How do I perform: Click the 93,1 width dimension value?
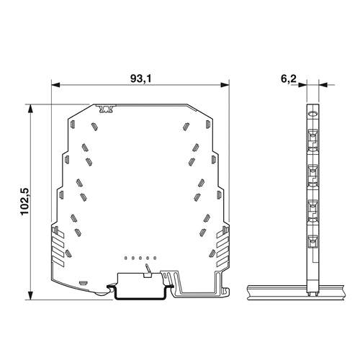click(141, 78)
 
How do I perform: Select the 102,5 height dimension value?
click(24, 202)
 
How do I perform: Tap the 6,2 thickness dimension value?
click(289, 78)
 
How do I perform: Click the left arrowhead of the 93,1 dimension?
click(55, 85)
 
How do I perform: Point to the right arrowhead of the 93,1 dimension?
click(225, 85)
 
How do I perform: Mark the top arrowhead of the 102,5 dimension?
click(30, 109)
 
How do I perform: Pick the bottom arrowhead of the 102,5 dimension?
click(30, 295)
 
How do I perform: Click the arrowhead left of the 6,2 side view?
click(302, 85)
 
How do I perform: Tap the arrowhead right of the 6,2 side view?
click(323, 85)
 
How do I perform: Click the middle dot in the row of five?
click(140, 258)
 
